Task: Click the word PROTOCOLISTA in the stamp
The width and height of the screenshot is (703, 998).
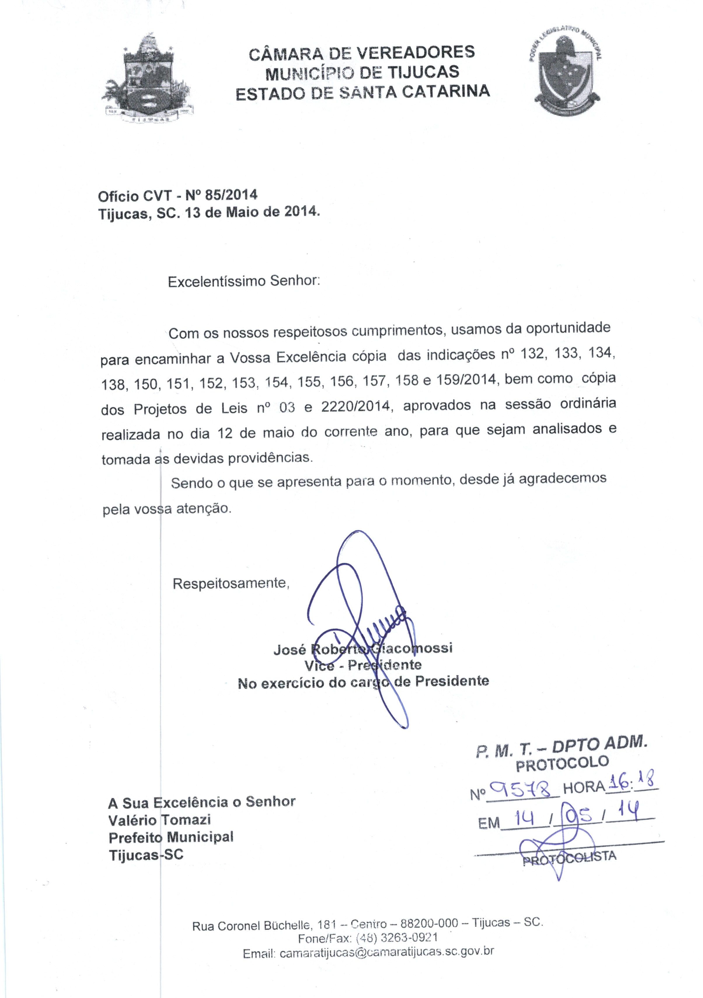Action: (x=569, y=858)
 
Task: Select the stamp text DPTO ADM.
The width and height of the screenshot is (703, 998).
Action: (x=600, y=744)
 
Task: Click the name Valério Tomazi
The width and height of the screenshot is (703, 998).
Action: (x=159, y=820)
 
